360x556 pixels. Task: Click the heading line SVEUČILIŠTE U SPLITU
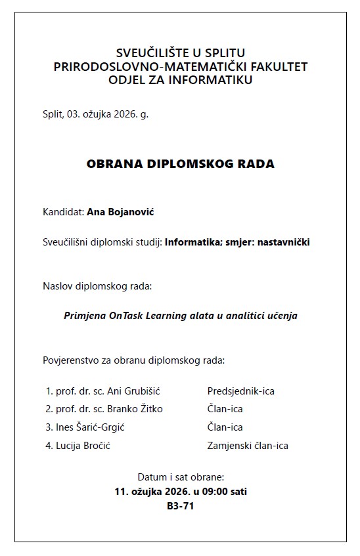point(180,53)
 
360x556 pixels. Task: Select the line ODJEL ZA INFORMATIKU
point(180,80)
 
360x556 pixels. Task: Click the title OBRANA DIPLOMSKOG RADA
point(180,164)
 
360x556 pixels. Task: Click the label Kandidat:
point(63,212)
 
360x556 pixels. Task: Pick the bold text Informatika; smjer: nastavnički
point(237,242)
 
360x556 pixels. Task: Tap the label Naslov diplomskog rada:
point(97,286)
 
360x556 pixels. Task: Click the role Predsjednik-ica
point(240,391)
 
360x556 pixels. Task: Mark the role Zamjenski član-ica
point(248,446)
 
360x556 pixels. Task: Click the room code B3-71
point(180,506)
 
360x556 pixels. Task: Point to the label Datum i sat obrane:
point(180,477)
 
